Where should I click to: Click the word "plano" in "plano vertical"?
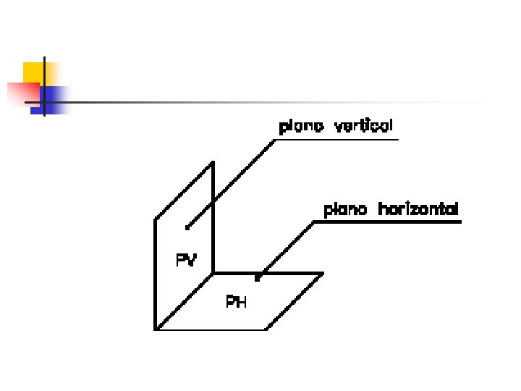301,127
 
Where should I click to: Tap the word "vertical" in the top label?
363,126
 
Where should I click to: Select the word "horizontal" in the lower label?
418,210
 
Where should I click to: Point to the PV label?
186,259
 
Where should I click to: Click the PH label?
237,302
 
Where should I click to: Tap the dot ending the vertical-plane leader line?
187,227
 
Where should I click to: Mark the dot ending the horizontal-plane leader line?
257,277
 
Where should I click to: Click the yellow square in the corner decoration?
33,72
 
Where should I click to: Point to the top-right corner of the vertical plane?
213,163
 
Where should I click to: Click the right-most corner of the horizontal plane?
323,274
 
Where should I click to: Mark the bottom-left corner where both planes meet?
156,329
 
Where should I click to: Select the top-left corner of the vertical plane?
155,219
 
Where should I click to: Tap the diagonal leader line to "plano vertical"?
232,184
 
